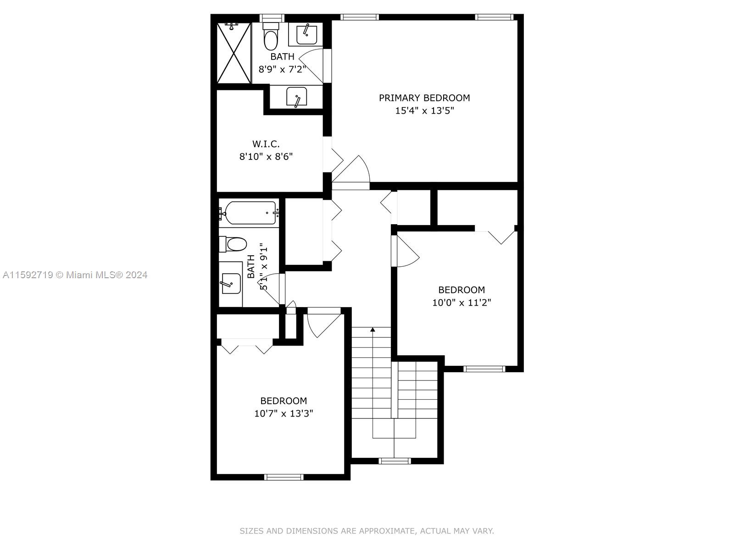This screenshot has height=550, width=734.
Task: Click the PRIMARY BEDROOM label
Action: [424, 98]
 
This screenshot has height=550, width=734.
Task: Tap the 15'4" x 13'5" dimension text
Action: [424, 110]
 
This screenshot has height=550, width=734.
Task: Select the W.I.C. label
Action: [266, 144]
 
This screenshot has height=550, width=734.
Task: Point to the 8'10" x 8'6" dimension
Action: [266, 156]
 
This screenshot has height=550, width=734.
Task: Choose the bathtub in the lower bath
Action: [250, 213]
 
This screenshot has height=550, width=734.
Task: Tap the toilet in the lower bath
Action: [233, 244]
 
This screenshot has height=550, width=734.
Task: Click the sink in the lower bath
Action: [231, 284]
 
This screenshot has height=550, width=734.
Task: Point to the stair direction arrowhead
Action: [373, 330]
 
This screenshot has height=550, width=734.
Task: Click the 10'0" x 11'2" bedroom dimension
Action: [462, 302]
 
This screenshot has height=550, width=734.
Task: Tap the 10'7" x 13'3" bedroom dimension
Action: [284, 413]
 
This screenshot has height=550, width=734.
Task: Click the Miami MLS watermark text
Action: [75, 275]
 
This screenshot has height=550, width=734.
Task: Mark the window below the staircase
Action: [395, 461]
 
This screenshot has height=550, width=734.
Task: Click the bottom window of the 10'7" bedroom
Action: [284, 477]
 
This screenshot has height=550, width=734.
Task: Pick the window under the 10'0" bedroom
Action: [484, 369]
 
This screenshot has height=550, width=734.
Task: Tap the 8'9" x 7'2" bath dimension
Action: [282, 70]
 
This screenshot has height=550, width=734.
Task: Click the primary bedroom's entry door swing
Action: [351, 173]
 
